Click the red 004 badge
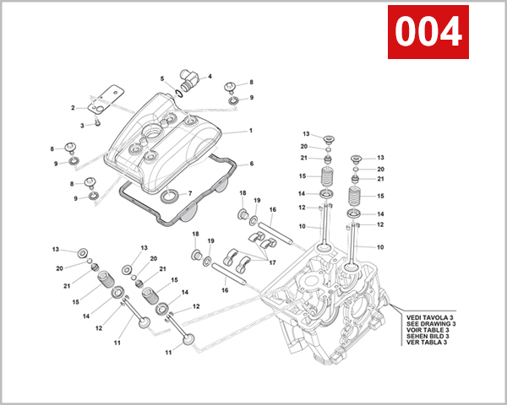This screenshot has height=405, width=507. coord(429,32)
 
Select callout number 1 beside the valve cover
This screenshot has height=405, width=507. coord(250,131)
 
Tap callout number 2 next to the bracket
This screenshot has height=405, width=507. coord(74,107)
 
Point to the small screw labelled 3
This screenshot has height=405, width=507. coord(98,121)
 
